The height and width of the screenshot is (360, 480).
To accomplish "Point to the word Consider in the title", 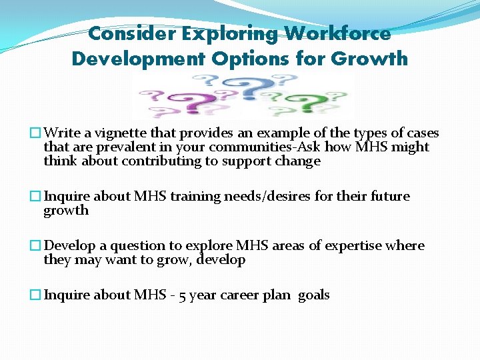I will tap(135, 33).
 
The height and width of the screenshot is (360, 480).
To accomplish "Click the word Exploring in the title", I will tap(233, 33).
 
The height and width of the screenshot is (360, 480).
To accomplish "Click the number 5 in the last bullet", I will tap(180, 295).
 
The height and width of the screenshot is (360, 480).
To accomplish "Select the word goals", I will tap(313, 295).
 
